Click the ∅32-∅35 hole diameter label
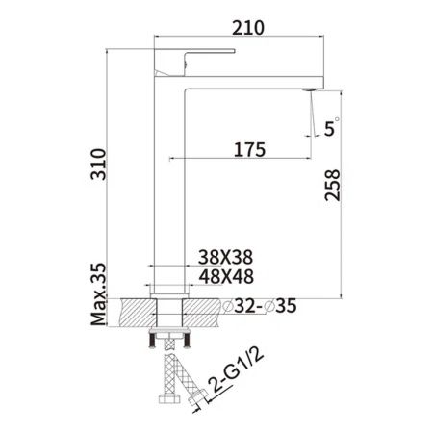[259, 307]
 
